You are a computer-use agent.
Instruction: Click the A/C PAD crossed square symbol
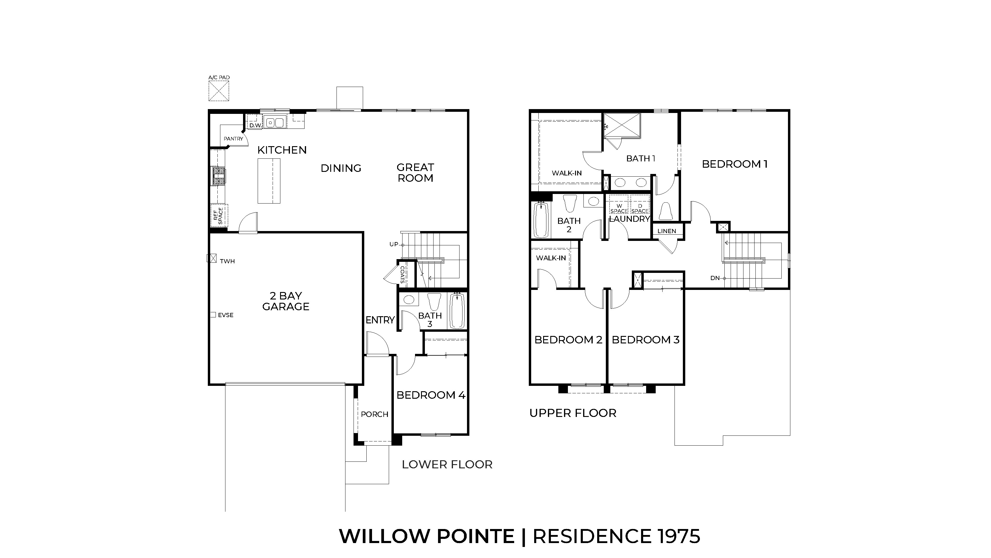click(x=219, y=91)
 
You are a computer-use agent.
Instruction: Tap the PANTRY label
click(x=233, y=139)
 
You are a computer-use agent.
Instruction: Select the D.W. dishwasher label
click(x=256, y=126)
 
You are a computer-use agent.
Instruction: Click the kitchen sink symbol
click(x=275, y=123)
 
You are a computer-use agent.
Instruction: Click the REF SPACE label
click(x=218, y=216)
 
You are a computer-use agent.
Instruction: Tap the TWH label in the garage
click(x=227, y=262)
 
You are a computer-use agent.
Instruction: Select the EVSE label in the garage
click(x=225, y=315)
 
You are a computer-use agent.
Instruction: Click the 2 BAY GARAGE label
click(x=286, y=301)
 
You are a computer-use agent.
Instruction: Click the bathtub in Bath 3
click(x=457, y=311)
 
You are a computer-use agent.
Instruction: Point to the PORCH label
click(x=374, y=414)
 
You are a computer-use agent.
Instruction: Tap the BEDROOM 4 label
click(x=431, y=395)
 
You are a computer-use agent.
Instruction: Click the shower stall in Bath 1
click(x=622, y=125)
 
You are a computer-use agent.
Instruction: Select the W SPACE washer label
click(x=619, y=209)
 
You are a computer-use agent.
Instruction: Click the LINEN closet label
click(x=667, y=231)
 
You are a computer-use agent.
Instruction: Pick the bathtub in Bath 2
click(x=541, y=220)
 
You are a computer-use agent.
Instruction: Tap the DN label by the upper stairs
click(x=715, y=278)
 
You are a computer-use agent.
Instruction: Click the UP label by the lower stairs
click(x=394, y=244)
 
